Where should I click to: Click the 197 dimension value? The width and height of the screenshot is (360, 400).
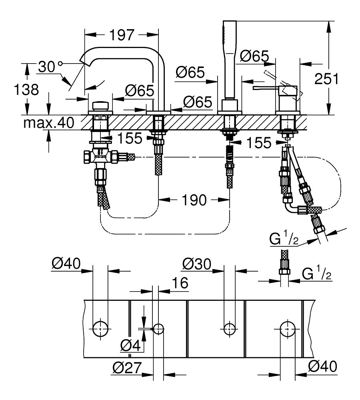[x=122, y=36]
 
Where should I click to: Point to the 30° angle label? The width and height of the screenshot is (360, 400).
[x=50, y=66]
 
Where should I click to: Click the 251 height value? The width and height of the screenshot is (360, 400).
[x=326, y=78]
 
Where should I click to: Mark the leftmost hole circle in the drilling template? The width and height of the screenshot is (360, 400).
[x=100, y=328]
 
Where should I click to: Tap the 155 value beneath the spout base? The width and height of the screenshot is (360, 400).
[x=130, y=138]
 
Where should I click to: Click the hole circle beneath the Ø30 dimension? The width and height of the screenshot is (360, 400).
[x=229, y=328]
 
